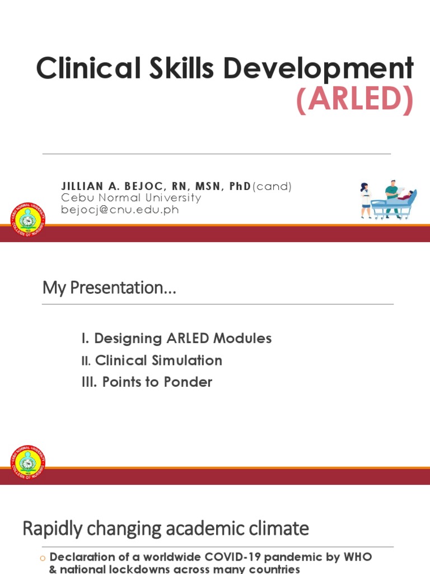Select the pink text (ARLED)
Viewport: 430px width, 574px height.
(355, 101)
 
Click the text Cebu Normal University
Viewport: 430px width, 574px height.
(130, 198)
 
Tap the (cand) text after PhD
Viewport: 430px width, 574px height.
(272, 186)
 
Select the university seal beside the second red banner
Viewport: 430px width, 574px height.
(28, 464)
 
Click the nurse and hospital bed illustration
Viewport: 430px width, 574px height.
(389, 199)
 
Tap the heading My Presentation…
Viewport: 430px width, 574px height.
(109, 288)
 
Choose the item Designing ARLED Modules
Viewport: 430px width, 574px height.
(183, 339)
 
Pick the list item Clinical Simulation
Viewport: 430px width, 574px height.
(158, 360)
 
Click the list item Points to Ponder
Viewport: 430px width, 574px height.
(157, 382)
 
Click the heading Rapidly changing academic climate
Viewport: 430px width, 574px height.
(165, 529)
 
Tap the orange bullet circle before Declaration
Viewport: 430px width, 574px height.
(42, 558)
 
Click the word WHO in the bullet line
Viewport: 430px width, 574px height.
(359, 558)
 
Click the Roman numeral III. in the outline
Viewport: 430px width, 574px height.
(90, 382)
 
